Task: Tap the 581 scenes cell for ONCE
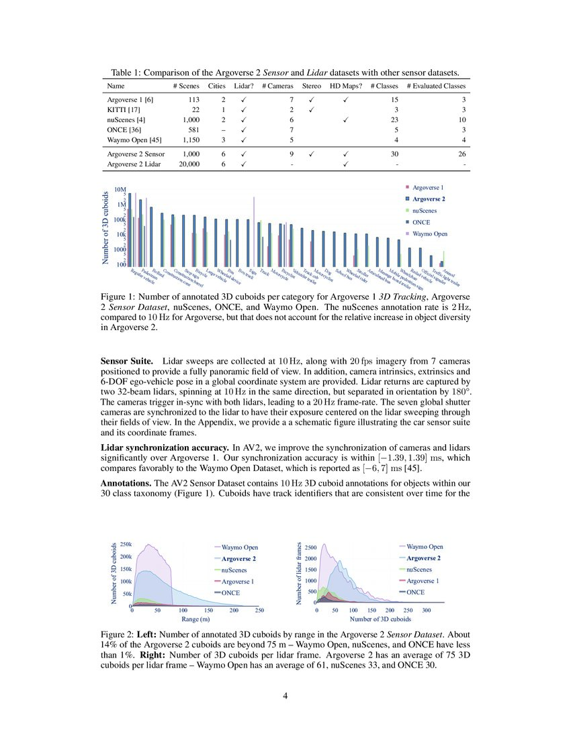[x=192, y=129]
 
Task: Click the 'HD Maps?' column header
[x=346, y=86]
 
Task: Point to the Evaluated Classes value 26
[x=461, y=154]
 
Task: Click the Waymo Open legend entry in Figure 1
[x=430, y=234]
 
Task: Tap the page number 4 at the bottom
[x=285, y=696]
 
